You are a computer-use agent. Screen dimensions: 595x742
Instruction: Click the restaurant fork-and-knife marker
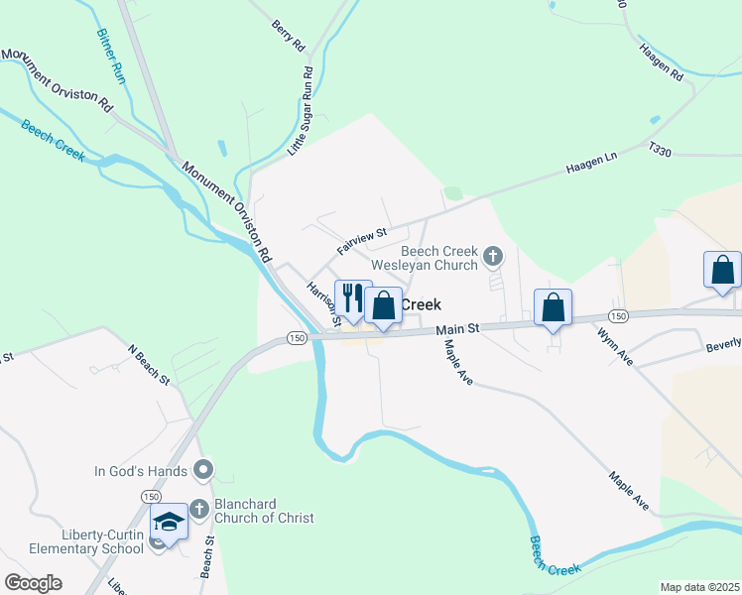pyautogui.click(x=352, y=298)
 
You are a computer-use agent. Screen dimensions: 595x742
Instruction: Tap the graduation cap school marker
pyautogui.click(x=169, y=523)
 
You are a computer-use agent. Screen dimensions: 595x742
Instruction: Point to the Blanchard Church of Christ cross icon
pyautogui.click(x=198, y=510)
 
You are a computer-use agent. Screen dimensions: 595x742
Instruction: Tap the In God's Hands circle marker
pyautogui.click(x=203, y=468)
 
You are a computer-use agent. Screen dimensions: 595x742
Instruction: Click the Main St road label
pyautogui.click(x=459, y=327)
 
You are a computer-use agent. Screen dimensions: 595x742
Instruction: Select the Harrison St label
pyautogui.click(x=322, y=302)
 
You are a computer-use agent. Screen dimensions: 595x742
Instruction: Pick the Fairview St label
pyautogui.click(x=360, y=238)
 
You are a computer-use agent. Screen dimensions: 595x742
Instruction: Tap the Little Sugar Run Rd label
pyautogui.click(x=301, y=110)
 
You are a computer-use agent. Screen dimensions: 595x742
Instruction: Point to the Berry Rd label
pyautogui.click(x=288, y=35)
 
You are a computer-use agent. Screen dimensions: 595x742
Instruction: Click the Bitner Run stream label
pyautogui.click(x=109, y=55)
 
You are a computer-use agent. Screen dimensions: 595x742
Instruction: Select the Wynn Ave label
pyautogui.click(x=615, y=346)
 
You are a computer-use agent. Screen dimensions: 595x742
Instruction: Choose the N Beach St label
pyautogui.click(x=149, y=365)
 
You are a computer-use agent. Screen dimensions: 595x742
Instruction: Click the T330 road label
pyautogui.click(x=660, y=147)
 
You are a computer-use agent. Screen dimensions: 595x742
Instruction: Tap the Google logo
pyautogui.click(x=33, y=583)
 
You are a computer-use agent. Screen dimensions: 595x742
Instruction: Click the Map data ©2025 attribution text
pyautogui.click(x=698, y=587)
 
